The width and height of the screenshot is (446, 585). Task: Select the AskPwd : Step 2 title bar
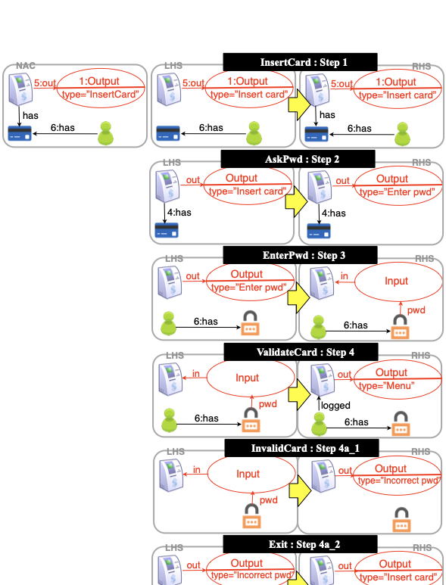coord(298,159)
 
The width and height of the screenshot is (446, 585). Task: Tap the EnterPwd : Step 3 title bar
coord(300,255)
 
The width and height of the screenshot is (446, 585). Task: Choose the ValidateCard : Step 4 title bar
coord(300,352)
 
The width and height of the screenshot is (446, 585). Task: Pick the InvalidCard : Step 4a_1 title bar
coord(300,449)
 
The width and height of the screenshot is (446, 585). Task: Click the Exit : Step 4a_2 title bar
coord(300,544)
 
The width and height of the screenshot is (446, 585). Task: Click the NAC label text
coord(25,67)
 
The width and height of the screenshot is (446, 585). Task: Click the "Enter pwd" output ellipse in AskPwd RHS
coord(399,185)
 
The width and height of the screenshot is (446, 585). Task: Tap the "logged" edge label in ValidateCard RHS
coord(335,406)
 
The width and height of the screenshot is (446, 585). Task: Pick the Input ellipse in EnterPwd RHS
coord(396,281)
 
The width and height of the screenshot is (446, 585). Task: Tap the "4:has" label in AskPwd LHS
coord(181,213)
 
